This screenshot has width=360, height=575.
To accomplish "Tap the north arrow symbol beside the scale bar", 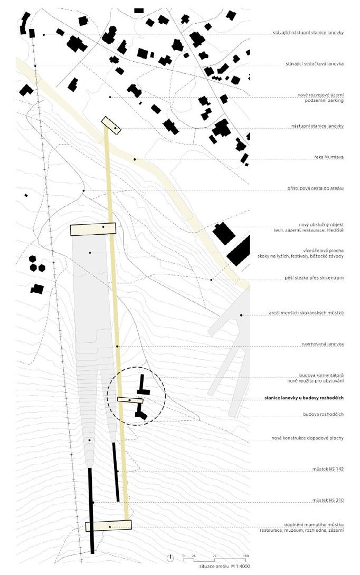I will (170, 558).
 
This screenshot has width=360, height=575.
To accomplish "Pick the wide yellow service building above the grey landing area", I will (93, 228).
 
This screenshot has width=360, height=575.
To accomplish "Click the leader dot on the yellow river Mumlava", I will (135, 159).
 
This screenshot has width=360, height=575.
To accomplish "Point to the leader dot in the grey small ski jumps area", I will (241, 315).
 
